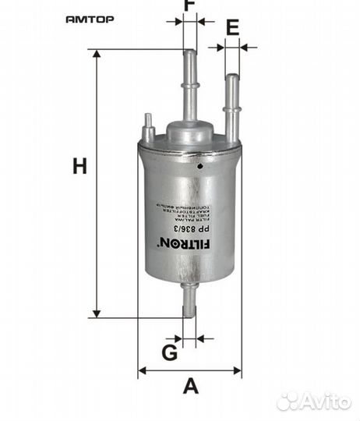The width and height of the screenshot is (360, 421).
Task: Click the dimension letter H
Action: (x=79, y=166)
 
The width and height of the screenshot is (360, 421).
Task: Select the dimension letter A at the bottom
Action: (x=190, y=385)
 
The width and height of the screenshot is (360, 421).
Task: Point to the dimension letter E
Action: (x=231, y=28)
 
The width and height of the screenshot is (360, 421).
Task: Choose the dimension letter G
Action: (x=169, y=352)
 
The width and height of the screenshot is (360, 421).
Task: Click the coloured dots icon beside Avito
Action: (x=288, y=402)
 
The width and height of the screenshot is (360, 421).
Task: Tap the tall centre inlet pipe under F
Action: (x=189, y=86)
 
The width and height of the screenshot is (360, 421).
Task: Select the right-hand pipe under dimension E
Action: (x=231, y=105)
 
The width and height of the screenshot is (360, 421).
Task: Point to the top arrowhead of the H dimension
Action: (x=97, y=55)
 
